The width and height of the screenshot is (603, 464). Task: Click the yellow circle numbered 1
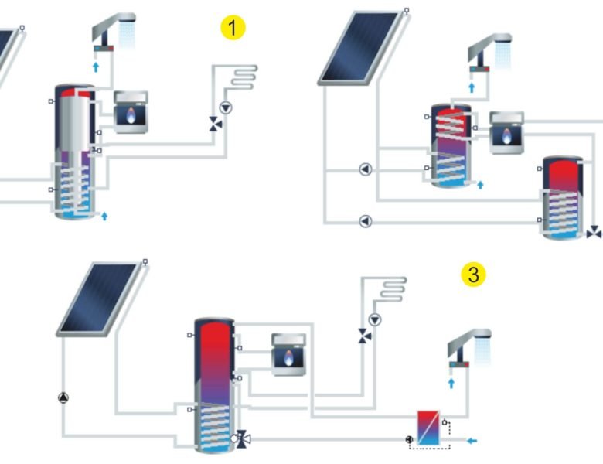click(x=233, y=28)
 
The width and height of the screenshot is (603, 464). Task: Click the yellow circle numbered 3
click(x=473, y=274)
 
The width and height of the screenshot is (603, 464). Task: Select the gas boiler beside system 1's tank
click(x=131, y=112)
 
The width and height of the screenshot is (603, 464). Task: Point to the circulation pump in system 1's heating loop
click(x=226, y=107)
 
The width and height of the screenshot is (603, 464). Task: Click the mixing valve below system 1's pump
click(x=215, y=124)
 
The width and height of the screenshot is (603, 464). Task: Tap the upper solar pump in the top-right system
click(x=365, y=169)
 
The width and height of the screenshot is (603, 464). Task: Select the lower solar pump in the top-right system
click(x=365, y=221)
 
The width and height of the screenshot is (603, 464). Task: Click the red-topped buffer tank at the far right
click(x=563, y=197)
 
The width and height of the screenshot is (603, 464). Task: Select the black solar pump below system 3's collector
click(x=63, y=398)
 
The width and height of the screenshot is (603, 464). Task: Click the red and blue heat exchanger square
click(x=428, y=428)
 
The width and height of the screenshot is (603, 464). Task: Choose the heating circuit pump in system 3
click(x=375, y=319)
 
